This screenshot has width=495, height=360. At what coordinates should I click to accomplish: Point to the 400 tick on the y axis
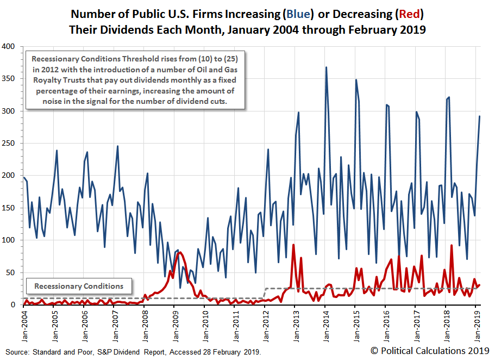(12, 47)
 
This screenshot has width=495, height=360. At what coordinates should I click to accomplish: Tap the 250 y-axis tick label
(12, 144)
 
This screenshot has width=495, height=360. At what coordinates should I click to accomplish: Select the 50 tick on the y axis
(14, 272)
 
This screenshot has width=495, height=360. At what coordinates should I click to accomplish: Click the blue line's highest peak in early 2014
(326, 67)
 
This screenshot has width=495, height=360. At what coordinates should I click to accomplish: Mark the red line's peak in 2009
(180, 252)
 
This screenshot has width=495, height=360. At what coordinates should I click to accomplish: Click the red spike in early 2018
(452, 246)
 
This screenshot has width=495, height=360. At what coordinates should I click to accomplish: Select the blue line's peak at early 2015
(356, 80)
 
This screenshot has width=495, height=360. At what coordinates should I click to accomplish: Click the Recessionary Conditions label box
(79, 286)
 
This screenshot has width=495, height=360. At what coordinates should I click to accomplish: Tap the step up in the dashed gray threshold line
(265, 293)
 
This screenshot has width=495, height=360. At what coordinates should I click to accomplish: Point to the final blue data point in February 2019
(479, 116)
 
